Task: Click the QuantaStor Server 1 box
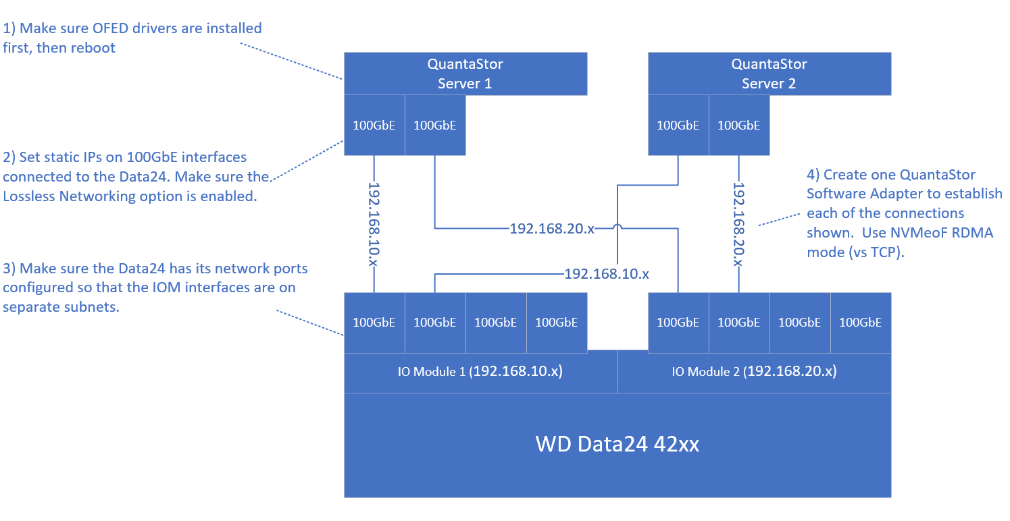pos(465,74)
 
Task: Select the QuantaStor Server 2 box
pos(769,74)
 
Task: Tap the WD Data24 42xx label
pos(617,444)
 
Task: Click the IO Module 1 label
pos(480,371)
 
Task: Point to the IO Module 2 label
pos(755,371)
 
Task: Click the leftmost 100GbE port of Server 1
pos(374,125)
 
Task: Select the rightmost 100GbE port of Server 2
pos(739,125)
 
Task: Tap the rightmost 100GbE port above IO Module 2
pos(860,323)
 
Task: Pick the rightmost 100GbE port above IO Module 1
pos(557,323)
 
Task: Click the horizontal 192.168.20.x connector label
pos(552,229)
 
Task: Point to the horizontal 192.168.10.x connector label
pos(607,274)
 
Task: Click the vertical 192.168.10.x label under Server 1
pos(374,224)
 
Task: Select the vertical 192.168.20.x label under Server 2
pos(739,224)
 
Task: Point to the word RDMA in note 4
pos(973,233)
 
